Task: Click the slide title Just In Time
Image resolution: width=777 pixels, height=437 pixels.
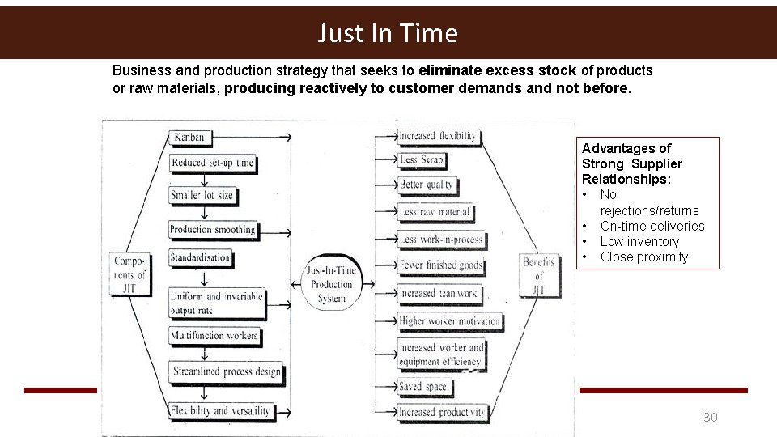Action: tap(388, 33)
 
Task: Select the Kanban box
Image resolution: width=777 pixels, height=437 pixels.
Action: tap(189, 137)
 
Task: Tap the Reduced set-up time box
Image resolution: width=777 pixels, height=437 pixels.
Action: tap(212, 163)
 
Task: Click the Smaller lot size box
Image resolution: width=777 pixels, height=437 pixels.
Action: tap(202, 195)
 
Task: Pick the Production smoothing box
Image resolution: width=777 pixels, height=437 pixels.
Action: tap(212, 230)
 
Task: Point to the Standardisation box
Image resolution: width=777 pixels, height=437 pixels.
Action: tap(200, 258)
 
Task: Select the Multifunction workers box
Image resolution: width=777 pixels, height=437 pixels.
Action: tap(214, 335)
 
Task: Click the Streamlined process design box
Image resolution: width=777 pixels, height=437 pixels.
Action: tap(227, 372)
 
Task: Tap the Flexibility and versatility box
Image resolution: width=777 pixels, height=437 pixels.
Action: tap(219, 410)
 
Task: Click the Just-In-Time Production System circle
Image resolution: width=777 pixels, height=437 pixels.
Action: tap(331, 284)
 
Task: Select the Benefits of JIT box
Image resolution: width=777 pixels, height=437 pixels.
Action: tap(538, 275)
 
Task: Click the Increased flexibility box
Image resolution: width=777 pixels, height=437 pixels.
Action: tap(438, 136)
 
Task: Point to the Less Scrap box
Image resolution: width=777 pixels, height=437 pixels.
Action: tap(422, 159)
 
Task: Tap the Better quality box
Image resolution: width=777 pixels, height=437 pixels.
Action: tap(427, 185)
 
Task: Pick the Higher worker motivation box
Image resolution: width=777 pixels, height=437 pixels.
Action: tap(449, 321)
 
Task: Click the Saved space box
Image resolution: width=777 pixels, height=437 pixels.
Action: tap(422, 387)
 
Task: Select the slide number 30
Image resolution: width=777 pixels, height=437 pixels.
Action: tap(710, 418)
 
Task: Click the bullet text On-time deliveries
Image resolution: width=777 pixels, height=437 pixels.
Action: tap(652, 226)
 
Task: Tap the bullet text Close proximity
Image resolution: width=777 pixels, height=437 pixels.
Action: tap(643, 257)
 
